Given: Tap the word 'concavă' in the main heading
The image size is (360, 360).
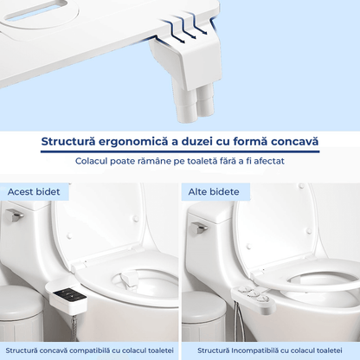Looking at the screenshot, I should (289, 141).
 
